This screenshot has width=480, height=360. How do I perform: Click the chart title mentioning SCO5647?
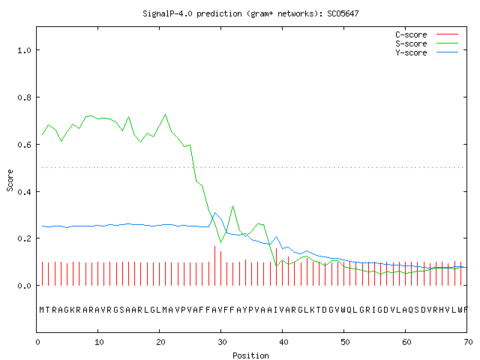[250, 13]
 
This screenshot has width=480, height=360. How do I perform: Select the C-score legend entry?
[427, 34]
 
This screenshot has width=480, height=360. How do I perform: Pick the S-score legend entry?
[427, 43]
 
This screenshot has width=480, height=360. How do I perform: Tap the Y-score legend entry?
[427, 52]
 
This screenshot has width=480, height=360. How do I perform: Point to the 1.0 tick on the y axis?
[24, 50]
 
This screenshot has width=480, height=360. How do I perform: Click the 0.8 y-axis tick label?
[24, 97]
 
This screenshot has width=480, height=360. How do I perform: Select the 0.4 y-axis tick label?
[24, 192]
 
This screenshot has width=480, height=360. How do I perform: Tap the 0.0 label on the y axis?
[24, 286]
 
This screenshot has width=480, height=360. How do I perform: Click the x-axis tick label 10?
[99, 342]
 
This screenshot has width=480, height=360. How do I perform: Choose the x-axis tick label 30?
[222, 342]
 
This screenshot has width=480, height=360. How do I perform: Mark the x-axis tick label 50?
[345, 342]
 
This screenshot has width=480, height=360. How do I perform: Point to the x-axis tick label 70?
[468, 342]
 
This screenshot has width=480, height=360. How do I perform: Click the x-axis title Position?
[250, 355]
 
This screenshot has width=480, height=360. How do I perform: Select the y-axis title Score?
[10, 180]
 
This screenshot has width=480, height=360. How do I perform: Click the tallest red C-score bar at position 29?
[214, 265]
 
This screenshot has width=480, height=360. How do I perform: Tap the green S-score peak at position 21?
[165, 115]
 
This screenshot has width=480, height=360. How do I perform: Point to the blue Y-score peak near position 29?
[214, 213]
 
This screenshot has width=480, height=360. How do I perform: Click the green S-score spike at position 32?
[233, 206]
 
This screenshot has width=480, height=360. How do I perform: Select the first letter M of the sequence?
[42, 310]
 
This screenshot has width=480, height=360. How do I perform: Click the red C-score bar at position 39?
[276, 267]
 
